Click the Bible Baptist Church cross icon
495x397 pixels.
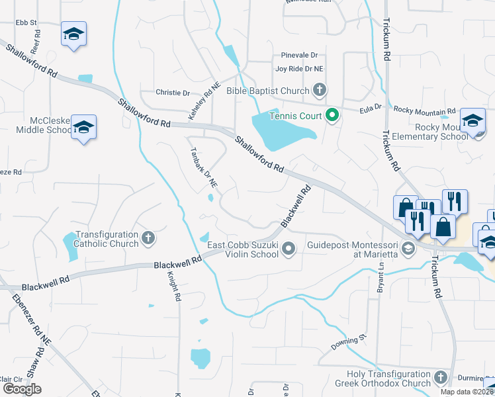tap(320, 90)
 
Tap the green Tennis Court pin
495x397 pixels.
tap(333, 116)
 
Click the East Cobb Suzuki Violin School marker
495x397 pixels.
tap(288, 249)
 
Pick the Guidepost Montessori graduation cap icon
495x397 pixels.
tap(408, 249)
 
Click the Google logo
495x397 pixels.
tap(22, 389)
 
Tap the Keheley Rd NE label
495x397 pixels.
tap(204, 101)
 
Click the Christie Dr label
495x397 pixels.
tap(173, 93)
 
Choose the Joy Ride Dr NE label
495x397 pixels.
tap(300, 68)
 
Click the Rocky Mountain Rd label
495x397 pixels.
tap(424, 111)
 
